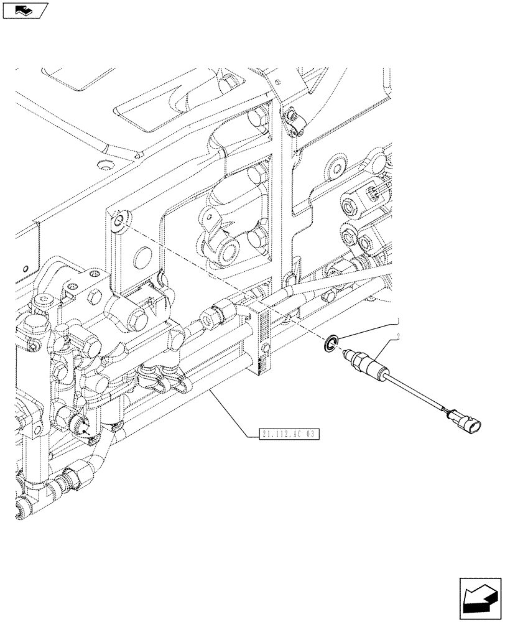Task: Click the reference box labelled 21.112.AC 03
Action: (287, 434)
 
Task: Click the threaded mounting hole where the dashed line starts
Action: (118, 220)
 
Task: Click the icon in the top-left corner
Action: (24, 10)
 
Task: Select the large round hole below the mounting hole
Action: (142, 256)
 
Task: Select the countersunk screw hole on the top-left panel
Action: (103, 166)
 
